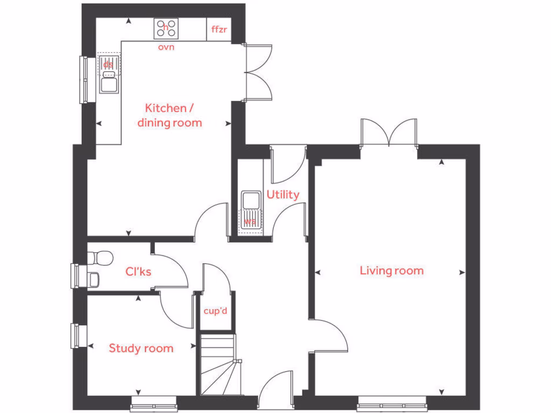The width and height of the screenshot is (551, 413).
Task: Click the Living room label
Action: click(x=391, y=270)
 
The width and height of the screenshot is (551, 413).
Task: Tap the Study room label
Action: click(x=141, y=348)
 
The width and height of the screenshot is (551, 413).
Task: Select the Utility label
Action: click(x=282, y=195)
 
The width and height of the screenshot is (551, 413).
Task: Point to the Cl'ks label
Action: click(x=138, y=272)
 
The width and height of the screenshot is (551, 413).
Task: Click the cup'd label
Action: click(x=215, y=311)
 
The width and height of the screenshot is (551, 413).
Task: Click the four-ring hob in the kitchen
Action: click(x=166, y=29)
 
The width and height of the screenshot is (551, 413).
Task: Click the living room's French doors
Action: click(x=389, y=133)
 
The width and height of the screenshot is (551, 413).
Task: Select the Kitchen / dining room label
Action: click(x=169, y=115)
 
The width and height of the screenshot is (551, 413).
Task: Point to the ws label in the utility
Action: click(x=250, y=222)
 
